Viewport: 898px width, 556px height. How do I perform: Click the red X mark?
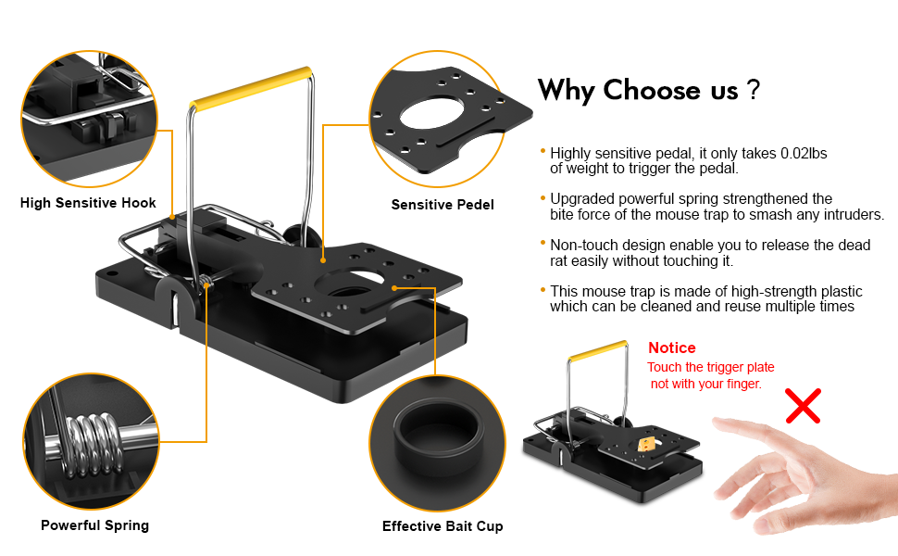[804, 405]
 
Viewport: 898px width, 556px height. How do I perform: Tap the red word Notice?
[672, 348]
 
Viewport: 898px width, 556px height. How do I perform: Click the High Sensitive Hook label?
[88, 203]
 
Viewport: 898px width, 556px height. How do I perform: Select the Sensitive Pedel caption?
[443, 205]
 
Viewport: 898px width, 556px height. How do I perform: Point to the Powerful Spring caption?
[94, 525]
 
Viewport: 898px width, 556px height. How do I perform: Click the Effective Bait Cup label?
[443, 526]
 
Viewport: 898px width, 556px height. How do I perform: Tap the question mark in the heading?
[754, 91]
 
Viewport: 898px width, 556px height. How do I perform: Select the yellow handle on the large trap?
[251, 84]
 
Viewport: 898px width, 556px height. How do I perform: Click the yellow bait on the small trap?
[647, 445]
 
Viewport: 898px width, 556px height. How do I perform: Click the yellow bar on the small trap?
[596, 349]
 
